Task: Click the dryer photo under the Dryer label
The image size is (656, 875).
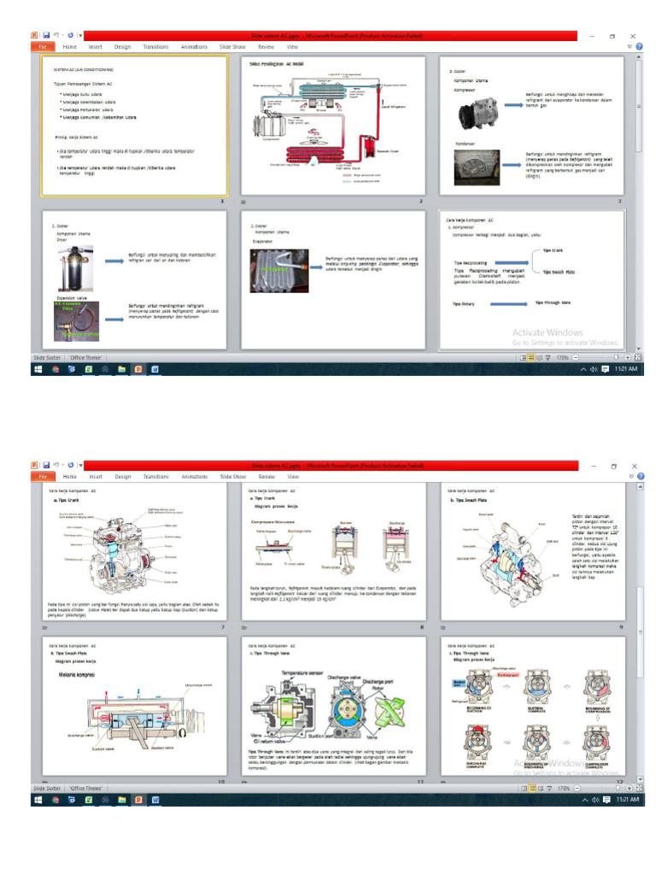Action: click(x=71, y=267)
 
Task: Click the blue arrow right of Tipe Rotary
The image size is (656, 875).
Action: click(x=507, y=302)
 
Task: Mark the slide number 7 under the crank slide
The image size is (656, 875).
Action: click(x=223, y=628)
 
